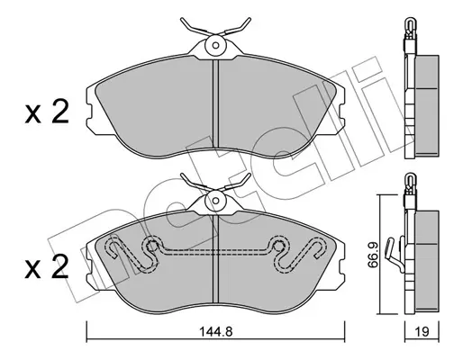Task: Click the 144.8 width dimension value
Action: (x=216, y=331)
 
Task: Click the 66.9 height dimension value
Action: (x=372, y=255)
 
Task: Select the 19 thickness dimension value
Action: (x=422, y=331)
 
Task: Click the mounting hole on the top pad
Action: (x=215, y=45)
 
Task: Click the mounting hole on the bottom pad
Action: (x=215, y=201)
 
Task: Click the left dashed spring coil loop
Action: (x=151, y=247)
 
